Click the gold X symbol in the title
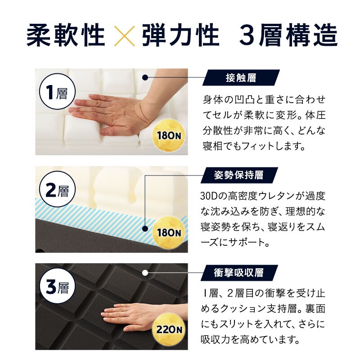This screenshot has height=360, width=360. (124, 36)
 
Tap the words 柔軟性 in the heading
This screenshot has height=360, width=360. (66, 35)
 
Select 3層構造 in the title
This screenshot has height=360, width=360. (288, 35)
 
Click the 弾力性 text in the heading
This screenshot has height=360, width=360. (181, 35)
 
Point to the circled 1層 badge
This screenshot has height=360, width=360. (57, 91)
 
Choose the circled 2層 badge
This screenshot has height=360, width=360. (57, 189)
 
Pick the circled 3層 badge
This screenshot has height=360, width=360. (57, 287)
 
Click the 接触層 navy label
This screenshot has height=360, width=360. (241, 77)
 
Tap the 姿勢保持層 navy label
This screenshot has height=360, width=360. (239, 175)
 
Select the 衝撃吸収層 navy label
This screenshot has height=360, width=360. (239, 273)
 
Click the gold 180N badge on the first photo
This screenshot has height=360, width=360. (169, 135)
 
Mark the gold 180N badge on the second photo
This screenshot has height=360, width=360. (169, 233)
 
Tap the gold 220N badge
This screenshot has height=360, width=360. (169, 330)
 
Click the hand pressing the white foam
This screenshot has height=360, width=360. (119, 114)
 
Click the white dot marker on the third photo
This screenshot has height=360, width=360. (145, 273)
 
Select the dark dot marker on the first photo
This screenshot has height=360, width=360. (145, 77)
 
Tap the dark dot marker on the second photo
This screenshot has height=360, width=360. (145, 229)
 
